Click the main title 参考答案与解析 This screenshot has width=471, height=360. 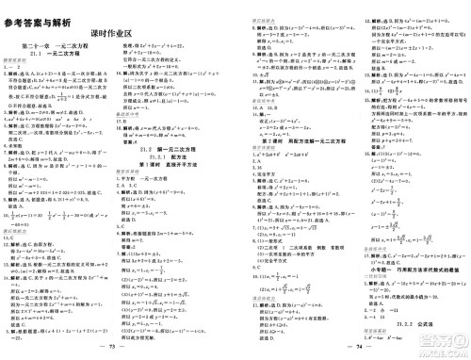point(42,9)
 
